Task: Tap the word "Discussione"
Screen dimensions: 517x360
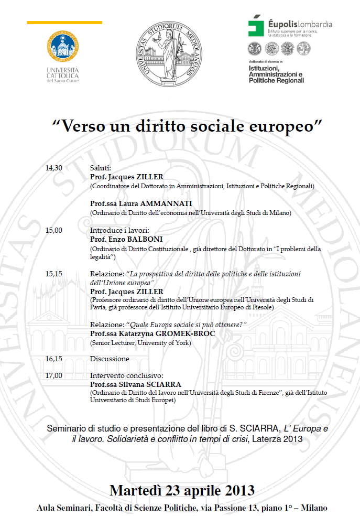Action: (x=110, y=359)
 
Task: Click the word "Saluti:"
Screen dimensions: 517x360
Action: (x=101, y=168)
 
